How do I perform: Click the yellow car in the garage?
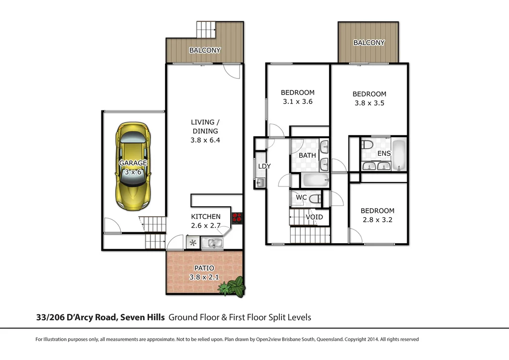133,166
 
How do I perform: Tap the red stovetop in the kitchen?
237,217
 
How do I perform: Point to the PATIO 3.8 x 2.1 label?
204,273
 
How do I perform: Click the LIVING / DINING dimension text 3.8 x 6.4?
205,140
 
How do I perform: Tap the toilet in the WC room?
315,198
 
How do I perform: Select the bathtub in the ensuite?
400,154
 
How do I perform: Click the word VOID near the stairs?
314,217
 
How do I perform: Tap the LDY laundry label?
264,166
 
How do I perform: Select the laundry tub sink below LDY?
260,183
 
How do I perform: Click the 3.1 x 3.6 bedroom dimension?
297,101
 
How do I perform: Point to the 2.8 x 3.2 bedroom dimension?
377,220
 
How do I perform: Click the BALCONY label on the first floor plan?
369,43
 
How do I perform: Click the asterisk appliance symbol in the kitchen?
192,243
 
